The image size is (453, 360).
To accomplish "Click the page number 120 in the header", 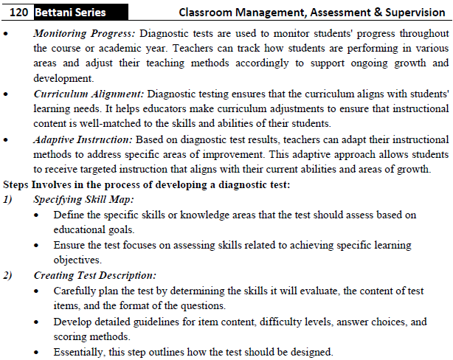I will (18, 13).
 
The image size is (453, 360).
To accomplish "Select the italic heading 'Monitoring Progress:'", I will (84, 34).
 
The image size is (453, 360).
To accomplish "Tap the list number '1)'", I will (10, 199).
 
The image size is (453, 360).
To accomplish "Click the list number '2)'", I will (10, 275).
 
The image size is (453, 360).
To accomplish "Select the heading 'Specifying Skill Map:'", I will (83, 199).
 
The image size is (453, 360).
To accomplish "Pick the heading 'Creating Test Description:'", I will (95, 275).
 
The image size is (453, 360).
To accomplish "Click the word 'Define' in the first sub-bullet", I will (69, 215).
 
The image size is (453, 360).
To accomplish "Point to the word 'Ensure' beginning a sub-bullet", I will (70, 245).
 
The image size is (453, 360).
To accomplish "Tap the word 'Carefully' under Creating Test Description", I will (77, 291).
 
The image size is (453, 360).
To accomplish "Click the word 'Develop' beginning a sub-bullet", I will (74, 322).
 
